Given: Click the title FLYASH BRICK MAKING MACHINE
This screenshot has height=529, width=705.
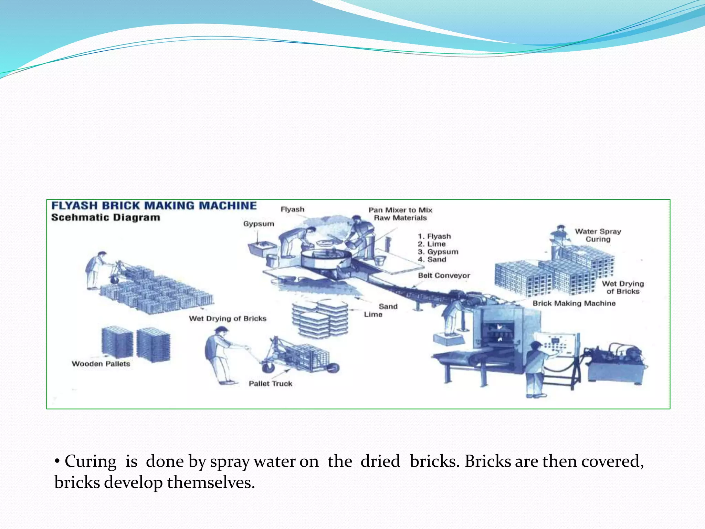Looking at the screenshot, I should [154, 206].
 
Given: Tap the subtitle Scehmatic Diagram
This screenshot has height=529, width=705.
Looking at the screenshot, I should [106, 218].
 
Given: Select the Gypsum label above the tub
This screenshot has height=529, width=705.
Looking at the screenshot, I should [259, 224].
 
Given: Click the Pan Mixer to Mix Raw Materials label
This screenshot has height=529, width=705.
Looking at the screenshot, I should [400, 214].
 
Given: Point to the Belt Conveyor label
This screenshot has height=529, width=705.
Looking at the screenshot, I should [444, 276].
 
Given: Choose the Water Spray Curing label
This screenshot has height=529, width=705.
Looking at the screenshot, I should [598, 235].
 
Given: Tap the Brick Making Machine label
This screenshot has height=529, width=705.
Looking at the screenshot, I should [574, 303].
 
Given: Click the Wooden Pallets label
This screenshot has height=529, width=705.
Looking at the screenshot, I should [101, 364].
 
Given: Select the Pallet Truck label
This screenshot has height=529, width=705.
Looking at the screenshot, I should [271, 384].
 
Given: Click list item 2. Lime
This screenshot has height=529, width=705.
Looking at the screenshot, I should [432, 244].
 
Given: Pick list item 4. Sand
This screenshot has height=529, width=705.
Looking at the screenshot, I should [432, 260].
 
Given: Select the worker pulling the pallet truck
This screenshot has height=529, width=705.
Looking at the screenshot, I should [219, 355].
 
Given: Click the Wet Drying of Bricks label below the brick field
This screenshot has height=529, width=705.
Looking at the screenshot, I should [228, 319].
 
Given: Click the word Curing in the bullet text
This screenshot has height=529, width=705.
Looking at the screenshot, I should [91, 461].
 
